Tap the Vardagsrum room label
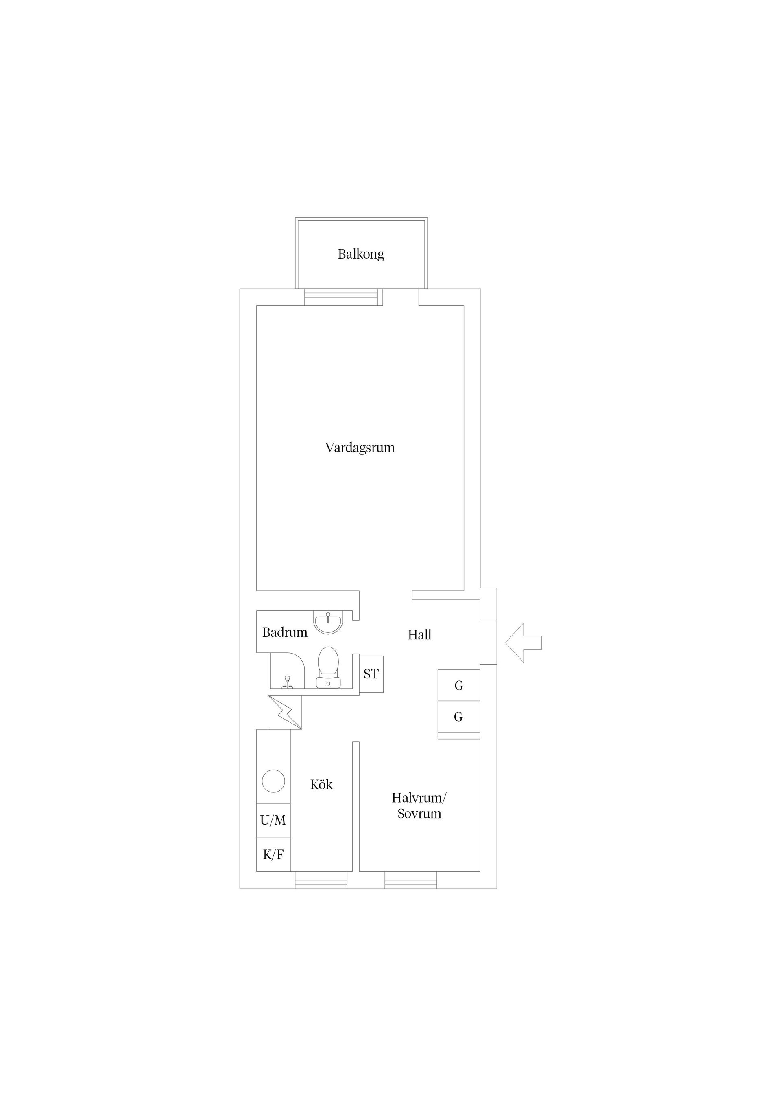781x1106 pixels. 360,448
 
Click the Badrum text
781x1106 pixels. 284,632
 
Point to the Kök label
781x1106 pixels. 321,785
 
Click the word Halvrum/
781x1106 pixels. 419,798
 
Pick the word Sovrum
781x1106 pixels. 419,814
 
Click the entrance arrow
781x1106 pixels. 524,643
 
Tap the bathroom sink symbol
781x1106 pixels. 328,622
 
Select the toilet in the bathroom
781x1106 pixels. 328,667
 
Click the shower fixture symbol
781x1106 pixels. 287,682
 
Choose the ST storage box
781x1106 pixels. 371,674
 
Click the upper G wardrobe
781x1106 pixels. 458,685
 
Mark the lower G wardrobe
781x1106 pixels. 458,717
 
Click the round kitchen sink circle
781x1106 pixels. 273,781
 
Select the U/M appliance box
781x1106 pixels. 273,821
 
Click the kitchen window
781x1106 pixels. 321,880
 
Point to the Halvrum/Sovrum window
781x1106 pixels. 411,880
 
